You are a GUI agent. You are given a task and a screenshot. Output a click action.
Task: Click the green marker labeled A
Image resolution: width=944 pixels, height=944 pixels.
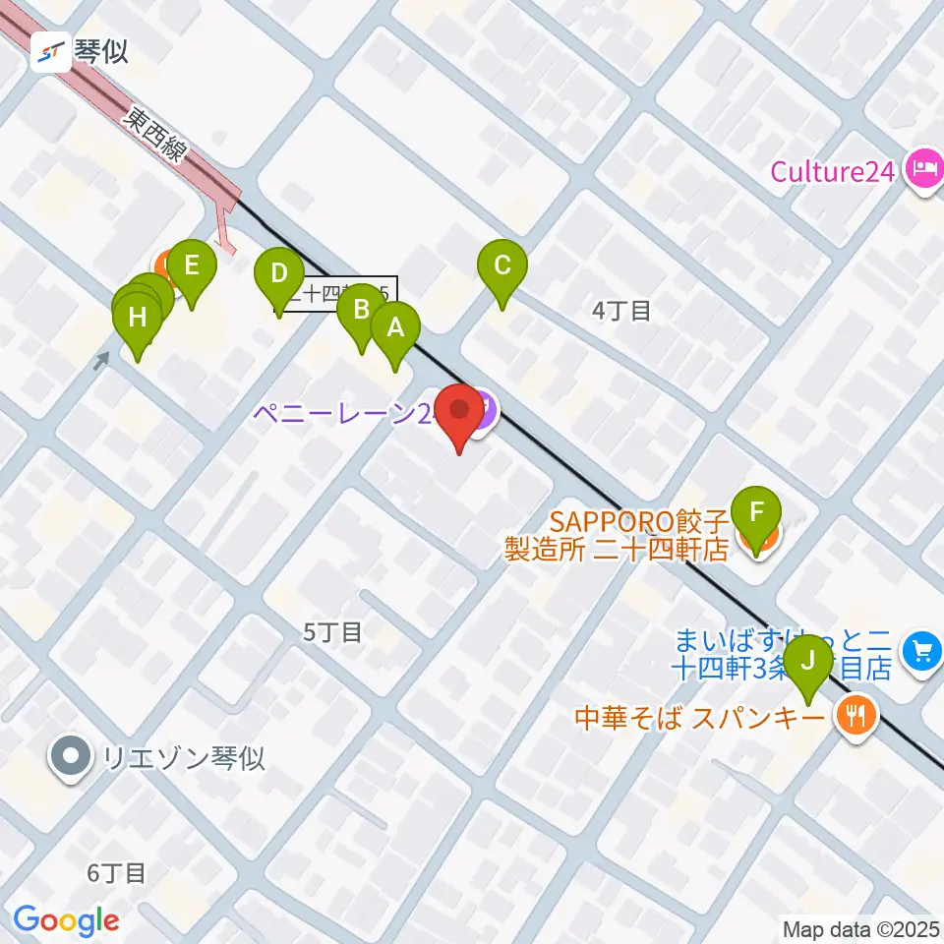[x=395, y=328]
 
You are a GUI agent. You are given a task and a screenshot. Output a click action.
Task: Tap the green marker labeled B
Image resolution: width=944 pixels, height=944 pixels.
[x=361, y=312]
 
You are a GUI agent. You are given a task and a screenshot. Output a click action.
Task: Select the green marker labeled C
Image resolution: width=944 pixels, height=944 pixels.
[x=502, y=266]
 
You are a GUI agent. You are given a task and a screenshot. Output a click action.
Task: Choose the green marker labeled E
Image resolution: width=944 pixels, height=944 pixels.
[x=191, y=266]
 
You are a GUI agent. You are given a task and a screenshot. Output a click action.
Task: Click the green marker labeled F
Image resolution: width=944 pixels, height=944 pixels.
[x=756, y=513]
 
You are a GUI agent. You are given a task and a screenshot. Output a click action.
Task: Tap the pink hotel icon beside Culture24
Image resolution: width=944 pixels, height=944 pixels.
[x=923, y=168]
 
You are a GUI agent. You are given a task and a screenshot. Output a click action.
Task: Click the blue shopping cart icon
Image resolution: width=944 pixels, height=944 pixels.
[x=921, y=650]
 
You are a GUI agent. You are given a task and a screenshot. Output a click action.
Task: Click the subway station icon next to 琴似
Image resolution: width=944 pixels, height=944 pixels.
[x=51, y=52]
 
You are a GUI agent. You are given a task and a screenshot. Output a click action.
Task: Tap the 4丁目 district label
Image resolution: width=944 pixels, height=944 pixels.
[x=621, y=312]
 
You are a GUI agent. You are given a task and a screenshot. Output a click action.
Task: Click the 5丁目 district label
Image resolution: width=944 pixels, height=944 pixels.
[x=332, y=632]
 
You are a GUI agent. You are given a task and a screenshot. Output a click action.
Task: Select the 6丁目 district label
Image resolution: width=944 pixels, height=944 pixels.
[x=116, y=872]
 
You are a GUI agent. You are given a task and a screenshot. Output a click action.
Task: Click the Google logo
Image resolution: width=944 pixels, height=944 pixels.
[x=67, y=920]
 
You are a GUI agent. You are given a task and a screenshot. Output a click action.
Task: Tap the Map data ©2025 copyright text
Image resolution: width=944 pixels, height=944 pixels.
[x=861, y=928]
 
